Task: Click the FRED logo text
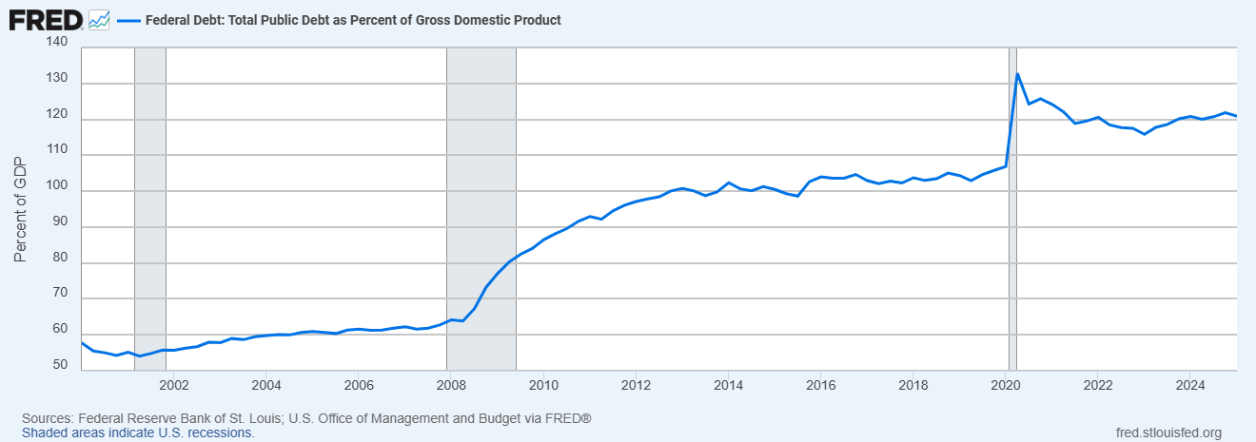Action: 45,19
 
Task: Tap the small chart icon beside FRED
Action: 99,19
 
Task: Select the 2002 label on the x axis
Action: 173,385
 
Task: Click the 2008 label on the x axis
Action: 450,385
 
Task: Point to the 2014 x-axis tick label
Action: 728,385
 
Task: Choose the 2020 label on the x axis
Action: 1005,385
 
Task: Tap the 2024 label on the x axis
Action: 1189,385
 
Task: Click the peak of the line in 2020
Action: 1017,74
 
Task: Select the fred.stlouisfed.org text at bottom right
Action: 1168,432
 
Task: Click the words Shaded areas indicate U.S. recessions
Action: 138,432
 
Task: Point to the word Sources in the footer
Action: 47,418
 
